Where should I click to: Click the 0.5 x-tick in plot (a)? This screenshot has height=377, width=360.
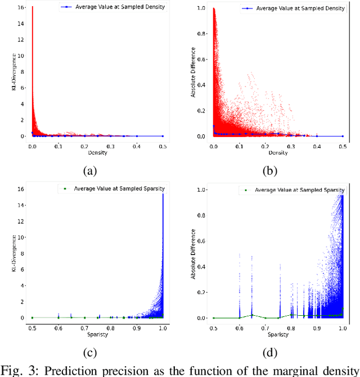(163, 145)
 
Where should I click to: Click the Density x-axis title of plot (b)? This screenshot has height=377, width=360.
(278, 153)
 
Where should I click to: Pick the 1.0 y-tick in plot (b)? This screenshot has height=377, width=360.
(201, 9)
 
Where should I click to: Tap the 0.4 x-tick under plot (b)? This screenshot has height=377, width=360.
(317, 145)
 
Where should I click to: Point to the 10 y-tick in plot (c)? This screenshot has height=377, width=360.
(21, 238)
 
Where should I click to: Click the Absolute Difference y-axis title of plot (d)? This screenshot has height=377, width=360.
(193, 254)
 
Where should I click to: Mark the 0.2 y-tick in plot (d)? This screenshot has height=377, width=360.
(201, 292)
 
